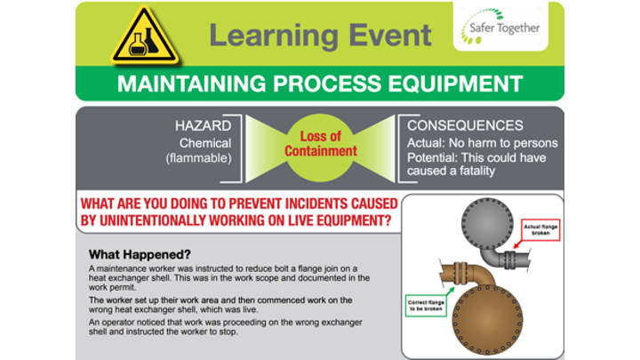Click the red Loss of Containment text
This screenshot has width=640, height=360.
point(321,145)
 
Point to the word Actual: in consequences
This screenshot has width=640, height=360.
point(424,142)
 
